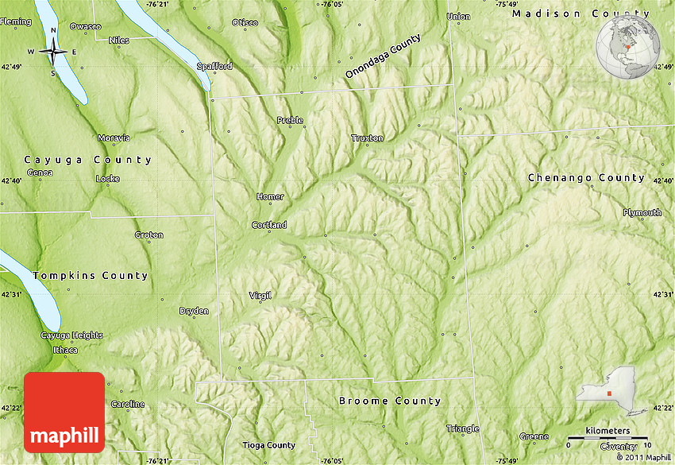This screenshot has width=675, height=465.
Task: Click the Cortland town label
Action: pyautogui.click(x=269, y=225)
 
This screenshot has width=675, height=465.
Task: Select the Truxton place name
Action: pyautogui.click(x=367, y=138)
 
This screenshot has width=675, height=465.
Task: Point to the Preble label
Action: pyautogui.click(x=290, y=120)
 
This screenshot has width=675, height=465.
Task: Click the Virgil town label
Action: pyautogui.click(x=260, y=295)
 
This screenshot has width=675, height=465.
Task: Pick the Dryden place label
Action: pyautogui.click(x=194, y=311)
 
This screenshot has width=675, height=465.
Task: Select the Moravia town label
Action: pyautogui.click(x=114, y=138)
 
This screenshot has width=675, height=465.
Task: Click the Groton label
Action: pyautogui.click(x=148, y=234)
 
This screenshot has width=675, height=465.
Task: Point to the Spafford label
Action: pyautogui.click(x=214, y=66)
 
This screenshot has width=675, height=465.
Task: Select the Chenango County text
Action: pyautogui.click(x=586, y=178)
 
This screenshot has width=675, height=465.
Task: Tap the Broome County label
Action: pyautogui.click(x=389, y=401)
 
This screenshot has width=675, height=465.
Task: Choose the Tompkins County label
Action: pyautogui.click(x=91, y=276)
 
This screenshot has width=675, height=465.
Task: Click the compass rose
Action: pyautogui.click(x=53, y=52)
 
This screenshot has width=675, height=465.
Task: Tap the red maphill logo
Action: pyautogui.click(x=64, y=412)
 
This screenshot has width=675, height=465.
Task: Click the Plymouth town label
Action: pyautogui.click(x=642, y=212)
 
